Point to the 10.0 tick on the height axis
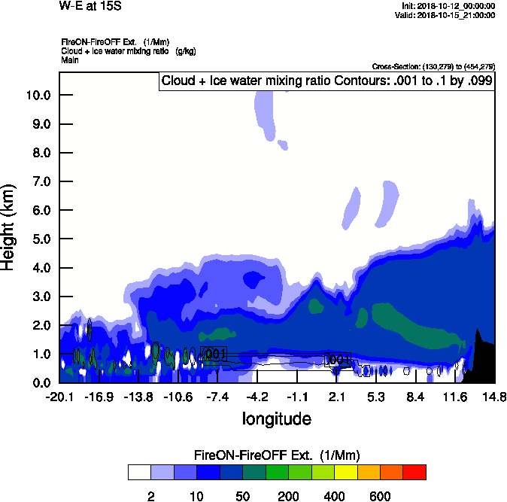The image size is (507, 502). pyautogui.click(x=38, y=96)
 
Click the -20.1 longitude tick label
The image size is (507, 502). pyautogui.click(x=59, y=397)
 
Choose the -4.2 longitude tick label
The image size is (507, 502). pyautogui.click(x=257, y=397)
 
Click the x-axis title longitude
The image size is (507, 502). pyautogui.click(x=276, y=418)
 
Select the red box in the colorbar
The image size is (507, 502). pyautogui.click(x=414, y=472)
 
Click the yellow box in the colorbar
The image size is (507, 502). pyautogui.click(x=345, y=472)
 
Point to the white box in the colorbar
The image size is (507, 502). pyautogui.click(x=138, y=472)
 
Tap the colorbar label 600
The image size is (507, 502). pyautogui.click(x=380, y=497)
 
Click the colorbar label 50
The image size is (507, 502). pyautogui.click(x=242, y=497)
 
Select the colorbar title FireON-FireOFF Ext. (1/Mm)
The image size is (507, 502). pyautogui.click(x=277, y=455)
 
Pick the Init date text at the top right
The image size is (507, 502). pyautogui.click(x=448, y=6)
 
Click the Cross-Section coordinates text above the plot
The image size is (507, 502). pyautogui.click(x=433, y=67)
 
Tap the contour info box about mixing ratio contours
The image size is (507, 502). pyautogui.click(x=326, y=81)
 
